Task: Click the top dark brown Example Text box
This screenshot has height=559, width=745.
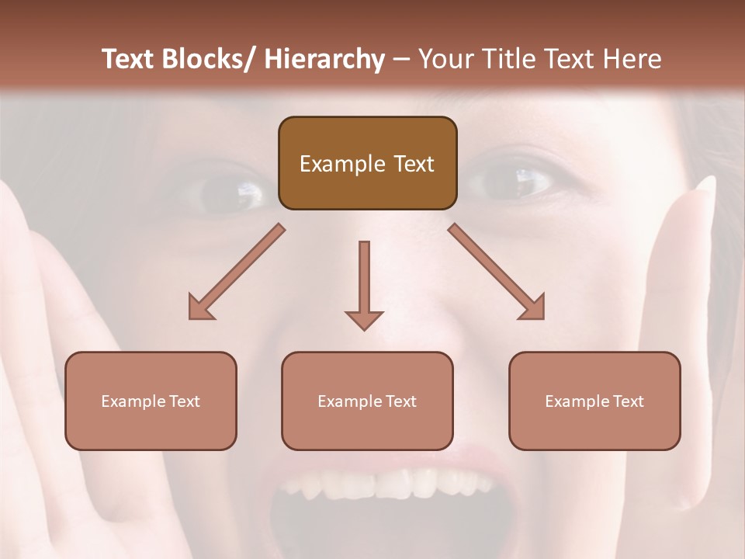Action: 367,163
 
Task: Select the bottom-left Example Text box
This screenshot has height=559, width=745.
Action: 151,401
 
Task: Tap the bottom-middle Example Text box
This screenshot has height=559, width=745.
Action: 367,401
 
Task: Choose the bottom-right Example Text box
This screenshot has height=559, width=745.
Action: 594,401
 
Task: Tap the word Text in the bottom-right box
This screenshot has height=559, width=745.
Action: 629,401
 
